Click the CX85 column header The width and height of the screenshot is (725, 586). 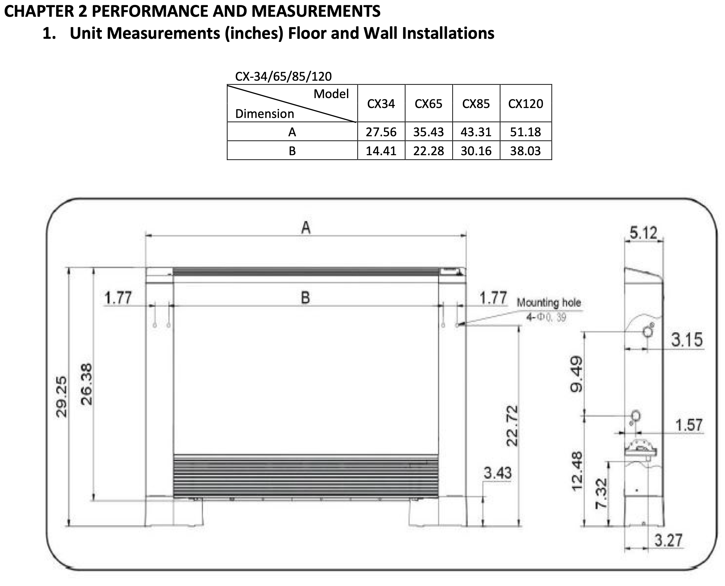point(476,104)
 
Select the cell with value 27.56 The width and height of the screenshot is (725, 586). point(381,132)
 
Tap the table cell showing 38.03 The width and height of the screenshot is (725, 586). point(525,151)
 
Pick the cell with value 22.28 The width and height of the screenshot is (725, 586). point(428,151)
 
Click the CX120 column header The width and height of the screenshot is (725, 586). point(525,104)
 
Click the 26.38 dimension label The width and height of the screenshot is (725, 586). point(86,384)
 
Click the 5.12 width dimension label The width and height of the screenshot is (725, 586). point(644,233)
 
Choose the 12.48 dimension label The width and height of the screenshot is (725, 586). point(577,471)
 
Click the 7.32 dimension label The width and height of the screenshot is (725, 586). point(601,494)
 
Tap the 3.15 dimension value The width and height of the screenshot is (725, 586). point(687,340)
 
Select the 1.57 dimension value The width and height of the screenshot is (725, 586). point(689,425)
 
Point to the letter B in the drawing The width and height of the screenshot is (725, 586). point(305,298)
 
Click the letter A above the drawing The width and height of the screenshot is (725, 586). point(306,228)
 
